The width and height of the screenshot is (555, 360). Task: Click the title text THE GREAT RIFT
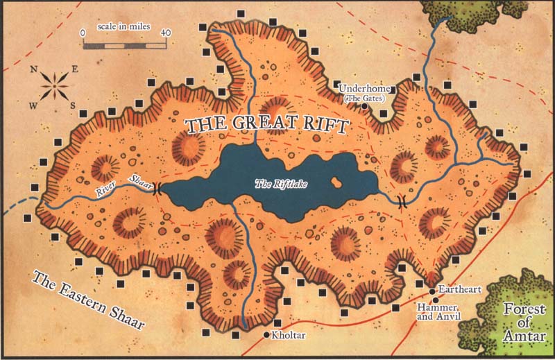point(266,126)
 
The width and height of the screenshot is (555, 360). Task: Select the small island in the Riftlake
point(337,183)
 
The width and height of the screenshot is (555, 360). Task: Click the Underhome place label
point(366,89)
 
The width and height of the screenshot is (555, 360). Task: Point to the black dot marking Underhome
point(365,107)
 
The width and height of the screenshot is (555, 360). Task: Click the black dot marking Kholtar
point(266,335)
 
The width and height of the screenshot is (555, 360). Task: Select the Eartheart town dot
point(432,291)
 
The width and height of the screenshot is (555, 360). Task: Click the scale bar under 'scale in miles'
point(124,45)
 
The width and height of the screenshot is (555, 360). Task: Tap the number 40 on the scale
point(166,33)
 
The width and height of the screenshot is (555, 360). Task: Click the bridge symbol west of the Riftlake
point(157,188)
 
